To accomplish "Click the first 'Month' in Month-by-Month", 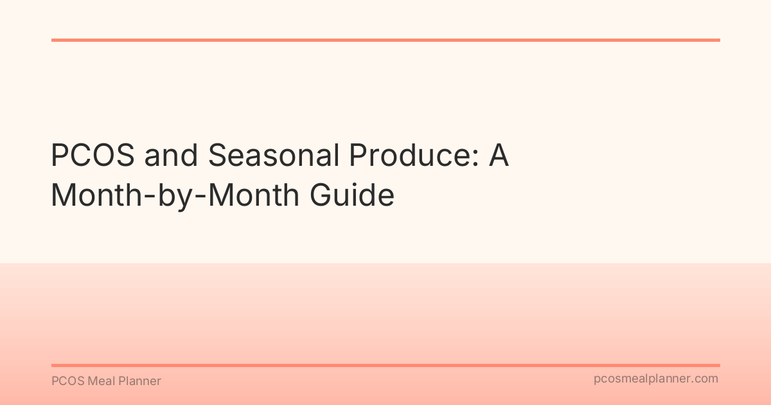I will [96, 195].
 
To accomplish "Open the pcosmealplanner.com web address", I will [656, 379].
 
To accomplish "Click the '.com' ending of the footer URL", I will [705, 379].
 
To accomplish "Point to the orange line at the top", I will [385, 40].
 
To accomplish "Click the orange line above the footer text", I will [385, 365].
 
